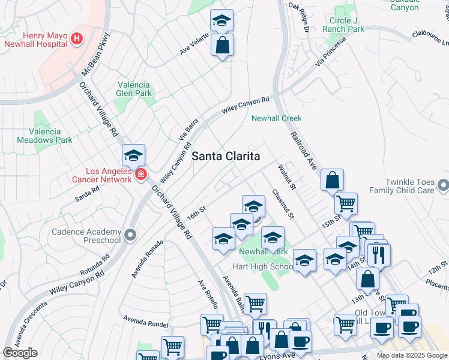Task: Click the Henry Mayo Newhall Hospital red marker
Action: (76, 40)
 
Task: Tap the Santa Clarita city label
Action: (226, 156)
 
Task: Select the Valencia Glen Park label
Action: (134, 89)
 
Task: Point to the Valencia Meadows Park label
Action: (50, 136)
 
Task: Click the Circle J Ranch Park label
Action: (343, 24)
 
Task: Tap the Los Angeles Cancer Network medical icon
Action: (140, 175)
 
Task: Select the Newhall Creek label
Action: (276, 118)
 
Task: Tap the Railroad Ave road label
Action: (303, 151)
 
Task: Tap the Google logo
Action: (20, 353)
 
